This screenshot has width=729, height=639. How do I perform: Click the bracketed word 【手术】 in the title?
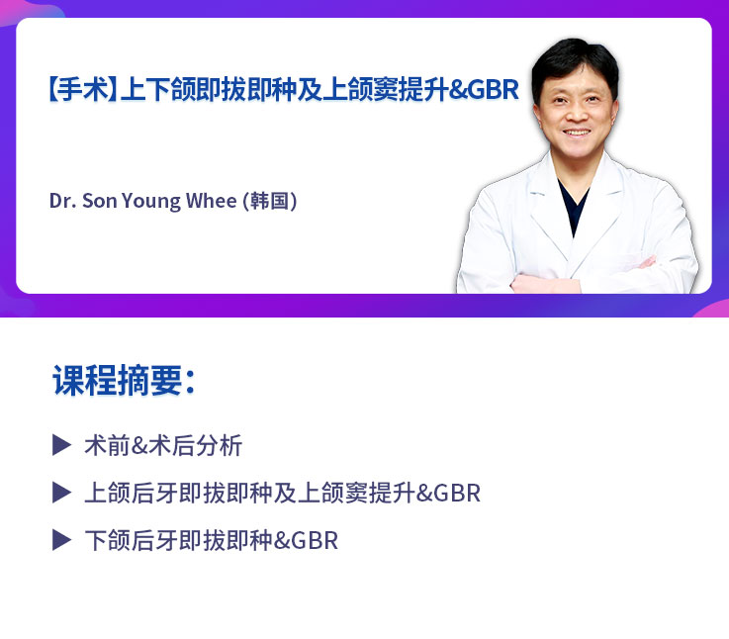[82, 90]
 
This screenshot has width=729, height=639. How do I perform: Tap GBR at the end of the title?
[493, 90]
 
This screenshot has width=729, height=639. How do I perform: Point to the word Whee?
[212, 201]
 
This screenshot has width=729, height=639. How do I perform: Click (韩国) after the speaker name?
[270, 201]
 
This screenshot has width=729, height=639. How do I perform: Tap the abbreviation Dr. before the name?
[61, 201]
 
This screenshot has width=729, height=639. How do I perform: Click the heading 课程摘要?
[123, 381]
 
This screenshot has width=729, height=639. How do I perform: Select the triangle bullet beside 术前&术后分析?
[62, 445]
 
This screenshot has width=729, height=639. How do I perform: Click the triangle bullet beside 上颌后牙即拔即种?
[62, 493]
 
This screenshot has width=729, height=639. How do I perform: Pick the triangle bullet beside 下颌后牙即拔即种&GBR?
[62, 540]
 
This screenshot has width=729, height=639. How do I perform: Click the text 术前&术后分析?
[163, 446]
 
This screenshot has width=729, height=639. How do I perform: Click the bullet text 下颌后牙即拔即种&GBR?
[211, 541]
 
